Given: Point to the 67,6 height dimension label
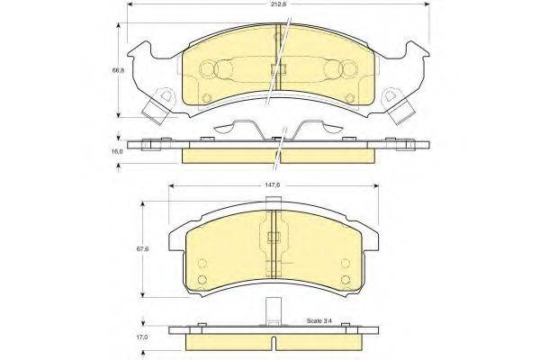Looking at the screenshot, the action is coord(141,249).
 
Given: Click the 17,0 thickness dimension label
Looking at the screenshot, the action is coord(141,337).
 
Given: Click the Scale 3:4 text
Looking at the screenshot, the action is coord(319,320).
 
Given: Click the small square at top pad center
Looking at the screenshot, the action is coord(278,69).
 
